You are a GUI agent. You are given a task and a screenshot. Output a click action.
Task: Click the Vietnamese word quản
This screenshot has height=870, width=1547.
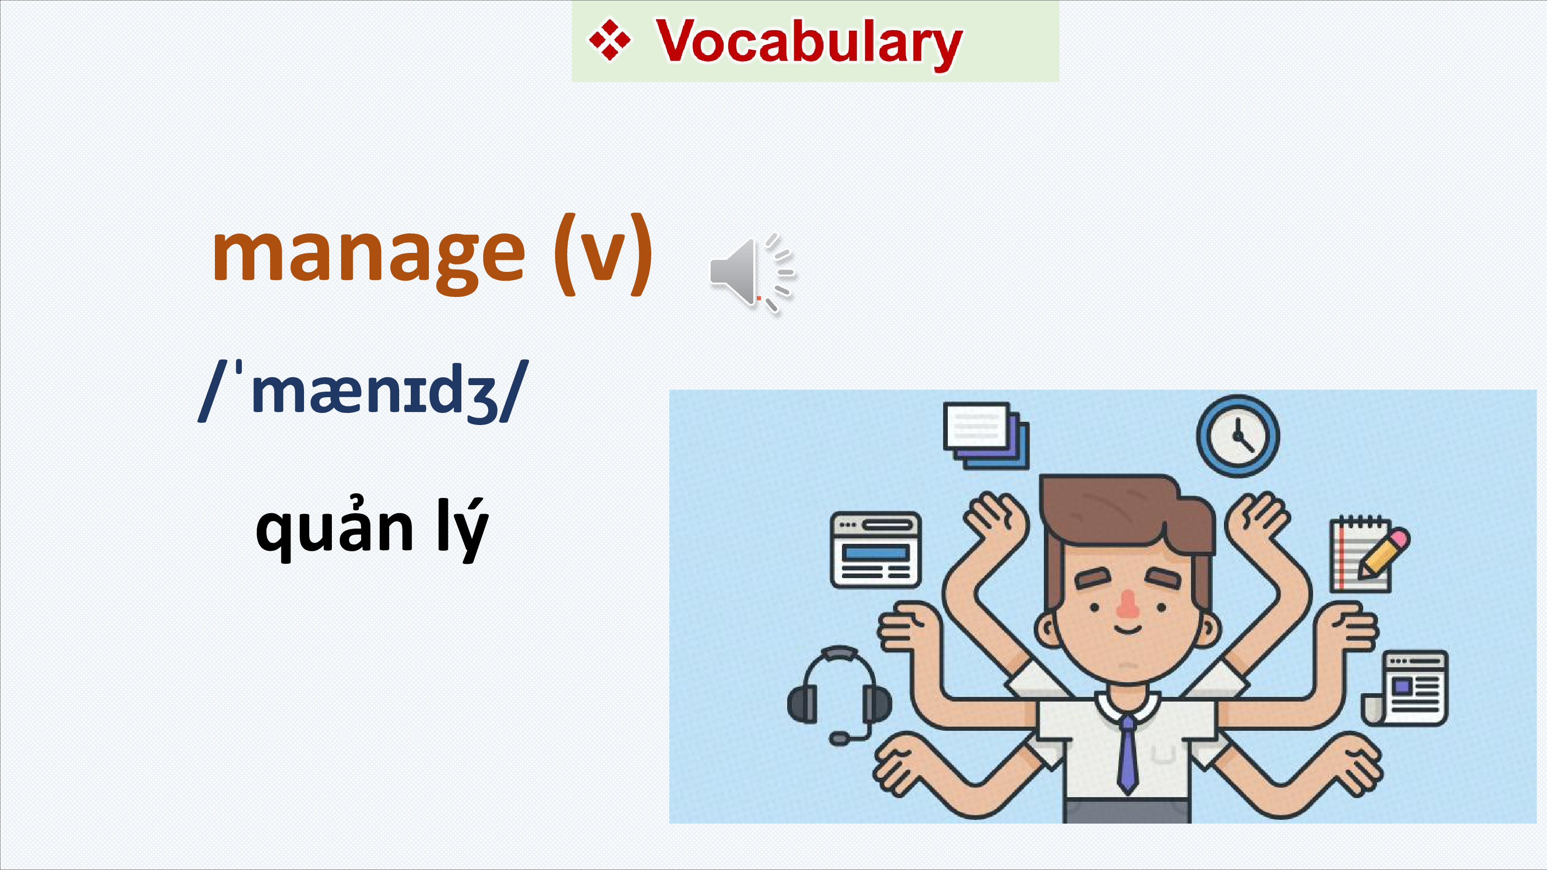coord(335,528)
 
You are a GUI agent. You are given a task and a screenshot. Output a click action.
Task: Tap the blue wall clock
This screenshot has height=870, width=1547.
coord(1238,436)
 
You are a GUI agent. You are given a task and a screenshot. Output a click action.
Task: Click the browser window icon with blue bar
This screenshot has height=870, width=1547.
coord(875,549)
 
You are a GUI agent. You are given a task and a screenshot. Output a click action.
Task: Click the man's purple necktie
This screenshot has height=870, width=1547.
coord(1127,754)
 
